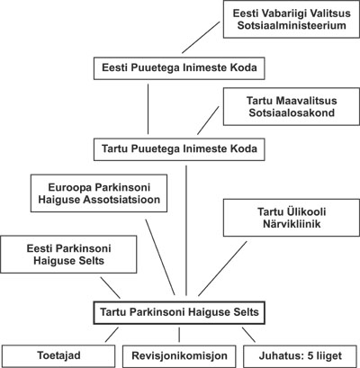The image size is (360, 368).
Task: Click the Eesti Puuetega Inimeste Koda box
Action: (x=179, y=68)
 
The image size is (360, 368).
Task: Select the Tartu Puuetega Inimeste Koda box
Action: (x=179, y=149)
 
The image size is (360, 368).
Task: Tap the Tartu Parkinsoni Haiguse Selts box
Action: (x=179, y=312)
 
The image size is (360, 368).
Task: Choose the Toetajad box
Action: (x=58, y=356)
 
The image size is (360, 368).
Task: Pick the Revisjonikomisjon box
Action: (x=179, y=356)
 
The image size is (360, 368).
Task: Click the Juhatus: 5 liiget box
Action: (x=301, y=356)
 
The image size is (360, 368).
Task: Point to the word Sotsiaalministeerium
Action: (x=292, y=25)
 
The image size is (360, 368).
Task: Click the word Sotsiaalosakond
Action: (x=292, y=112)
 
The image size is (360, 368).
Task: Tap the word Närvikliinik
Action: (x=292, y=224)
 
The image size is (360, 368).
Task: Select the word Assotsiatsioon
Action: (x=121, y=200)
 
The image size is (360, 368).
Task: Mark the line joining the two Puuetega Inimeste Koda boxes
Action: (x=148, y=109)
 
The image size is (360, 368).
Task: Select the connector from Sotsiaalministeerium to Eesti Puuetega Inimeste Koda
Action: (x=201, y=37)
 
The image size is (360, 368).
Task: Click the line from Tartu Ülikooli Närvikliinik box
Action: (x=222, y=269)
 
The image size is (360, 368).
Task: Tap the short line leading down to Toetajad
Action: (x=112, y=335)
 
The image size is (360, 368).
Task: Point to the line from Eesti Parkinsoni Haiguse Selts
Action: (x=110, y=288)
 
